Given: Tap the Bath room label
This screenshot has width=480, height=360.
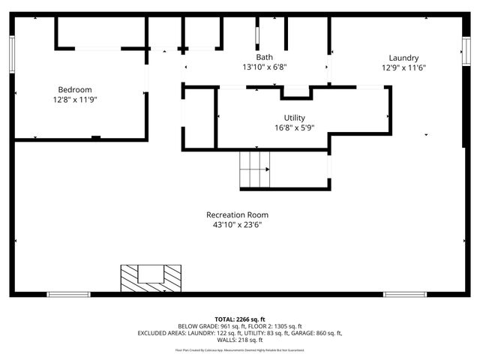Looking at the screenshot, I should tap(264, 57).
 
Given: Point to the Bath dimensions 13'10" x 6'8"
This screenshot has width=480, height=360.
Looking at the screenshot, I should tap(264, 67).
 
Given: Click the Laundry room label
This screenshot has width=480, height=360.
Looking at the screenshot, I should tap(403, 58).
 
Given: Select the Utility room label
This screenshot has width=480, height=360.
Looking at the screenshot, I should tap(294, 118).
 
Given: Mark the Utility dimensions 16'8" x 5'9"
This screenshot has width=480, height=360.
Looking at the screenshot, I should tap(294, 127).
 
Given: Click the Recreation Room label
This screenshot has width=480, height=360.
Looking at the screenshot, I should tap(236, 214).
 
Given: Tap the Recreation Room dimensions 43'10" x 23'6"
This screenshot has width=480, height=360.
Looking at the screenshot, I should tap(236, 224).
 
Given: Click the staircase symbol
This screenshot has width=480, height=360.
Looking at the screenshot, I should tap(254, 169).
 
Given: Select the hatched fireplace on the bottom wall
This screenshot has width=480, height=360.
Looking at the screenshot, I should tap(151, 278).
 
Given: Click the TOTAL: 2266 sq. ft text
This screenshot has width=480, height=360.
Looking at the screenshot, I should tap(239, 319).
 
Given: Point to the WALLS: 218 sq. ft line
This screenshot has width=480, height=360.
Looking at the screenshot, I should tap(239, 340).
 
